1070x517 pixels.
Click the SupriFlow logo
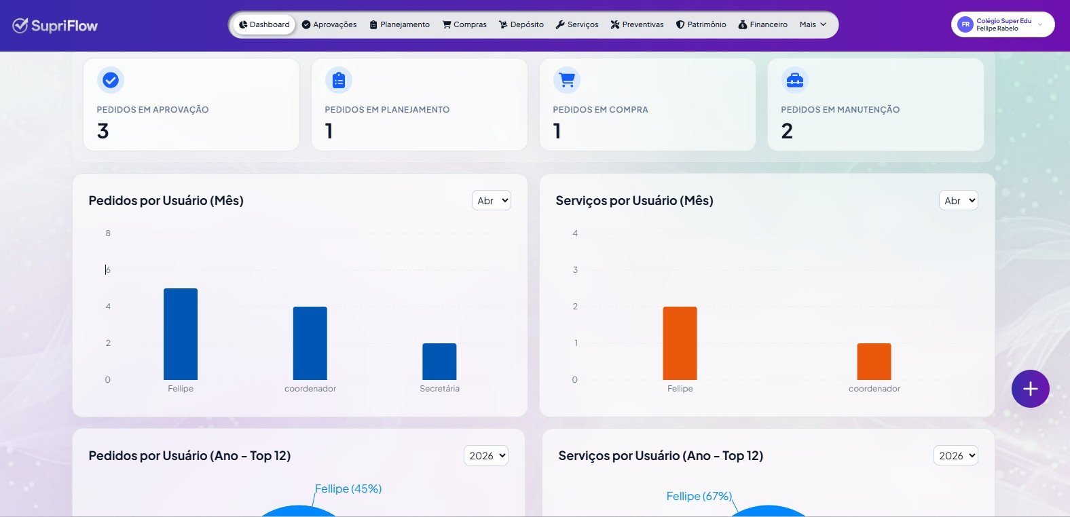tap(55, 25)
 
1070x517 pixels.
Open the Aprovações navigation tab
tap(329, 24)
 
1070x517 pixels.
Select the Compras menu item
tap(464, 24)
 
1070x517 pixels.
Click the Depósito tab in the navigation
tap(521, 24)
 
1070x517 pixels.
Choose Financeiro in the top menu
tap(763, 24)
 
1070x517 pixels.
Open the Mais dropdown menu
tap(813, 24)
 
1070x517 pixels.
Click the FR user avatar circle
tap(965, 24)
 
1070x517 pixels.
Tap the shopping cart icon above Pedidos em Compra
tap(567, 80)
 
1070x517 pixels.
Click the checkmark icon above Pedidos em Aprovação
tap(111, 80)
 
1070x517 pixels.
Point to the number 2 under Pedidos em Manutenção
tap(787, 131)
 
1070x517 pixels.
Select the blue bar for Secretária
tap(439, 362)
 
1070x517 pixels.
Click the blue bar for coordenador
tap(310, 343)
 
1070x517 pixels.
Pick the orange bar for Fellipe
tap(680, 343)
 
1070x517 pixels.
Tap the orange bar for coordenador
tap(874, 362)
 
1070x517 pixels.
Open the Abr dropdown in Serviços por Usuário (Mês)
tap(958, 201)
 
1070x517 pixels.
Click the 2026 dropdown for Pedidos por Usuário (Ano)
tap(486, 455)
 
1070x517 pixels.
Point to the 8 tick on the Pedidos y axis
tap(108, 233)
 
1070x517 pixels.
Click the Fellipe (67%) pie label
tap(699, 496)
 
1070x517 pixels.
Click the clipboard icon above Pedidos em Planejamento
tap(339, 80)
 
